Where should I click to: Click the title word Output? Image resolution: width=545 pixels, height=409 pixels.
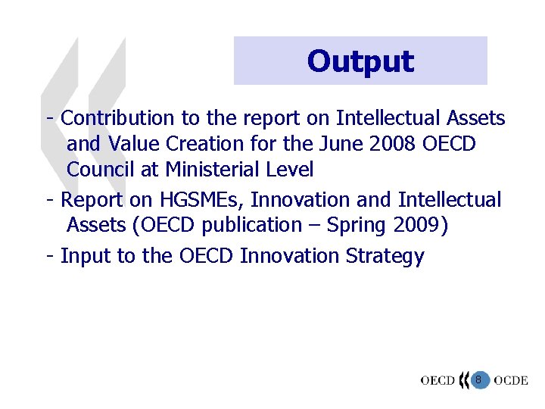click(x=360, y=61)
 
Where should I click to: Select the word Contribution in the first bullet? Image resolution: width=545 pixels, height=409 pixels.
click(x=117, y=118)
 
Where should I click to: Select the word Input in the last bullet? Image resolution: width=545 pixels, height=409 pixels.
click(x=85, y=257)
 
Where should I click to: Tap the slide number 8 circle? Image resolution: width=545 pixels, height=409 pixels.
click(x=478, y=379)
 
